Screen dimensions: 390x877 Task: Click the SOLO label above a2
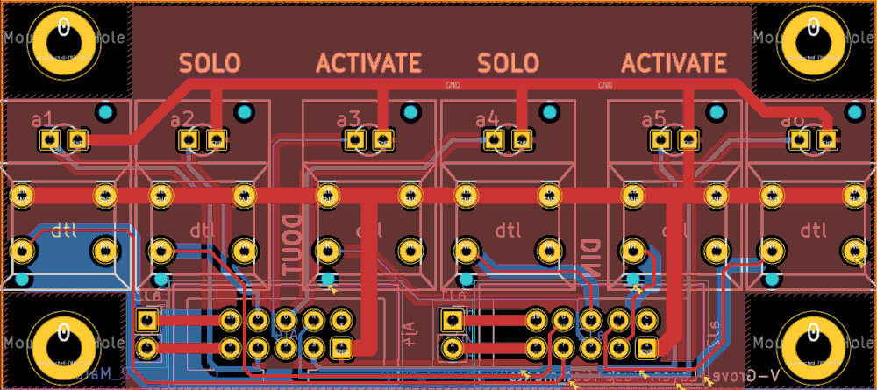tap(210, 63)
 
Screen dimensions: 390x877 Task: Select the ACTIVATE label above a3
tap(368, 63)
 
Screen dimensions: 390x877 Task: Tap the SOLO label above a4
tap(508, 63)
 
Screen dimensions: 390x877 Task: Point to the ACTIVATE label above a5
tap(674, 63)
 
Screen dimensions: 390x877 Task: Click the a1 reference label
tap(42, 119)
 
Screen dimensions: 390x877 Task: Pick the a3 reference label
tap(348, 119)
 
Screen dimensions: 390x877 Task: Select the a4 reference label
tap(487, 119)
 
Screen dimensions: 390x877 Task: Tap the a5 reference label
tap(653, 119)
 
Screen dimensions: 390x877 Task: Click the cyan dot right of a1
tap(105, 113)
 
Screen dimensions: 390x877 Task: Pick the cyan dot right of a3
tap(410, 113)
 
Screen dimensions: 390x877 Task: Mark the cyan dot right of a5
tap(717, 113)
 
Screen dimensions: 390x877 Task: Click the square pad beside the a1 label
tap(77, 138)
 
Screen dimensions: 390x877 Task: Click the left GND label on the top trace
tap(453, 86)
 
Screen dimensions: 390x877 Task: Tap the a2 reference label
tap(182, 119)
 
